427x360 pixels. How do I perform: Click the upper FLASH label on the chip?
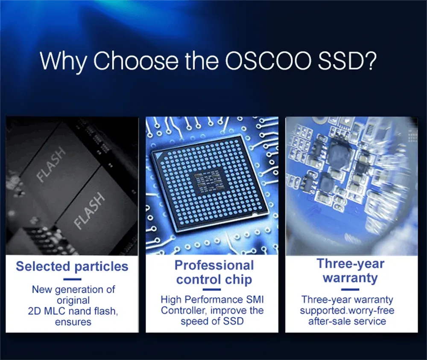(x=52, y=164)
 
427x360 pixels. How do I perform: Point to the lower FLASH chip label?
(x=89, y=210)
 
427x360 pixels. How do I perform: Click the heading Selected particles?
(x=72, y=267)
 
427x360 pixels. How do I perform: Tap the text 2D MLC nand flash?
(x=73, y=311)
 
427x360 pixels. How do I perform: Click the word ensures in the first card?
(x=73, y=322)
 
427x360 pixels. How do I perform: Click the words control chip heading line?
(x=214, y=280)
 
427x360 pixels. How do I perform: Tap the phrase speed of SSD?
(x=212, y=321)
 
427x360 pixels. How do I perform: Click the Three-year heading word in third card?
(x=351, y=264)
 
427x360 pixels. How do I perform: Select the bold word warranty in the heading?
(x=350, y=278)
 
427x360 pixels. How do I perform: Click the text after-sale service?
(x=347, y=321)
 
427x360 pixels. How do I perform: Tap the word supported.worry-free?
(x=347, y=311)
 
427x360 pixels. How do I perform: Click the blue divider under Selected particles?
(x=72, y=279)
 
